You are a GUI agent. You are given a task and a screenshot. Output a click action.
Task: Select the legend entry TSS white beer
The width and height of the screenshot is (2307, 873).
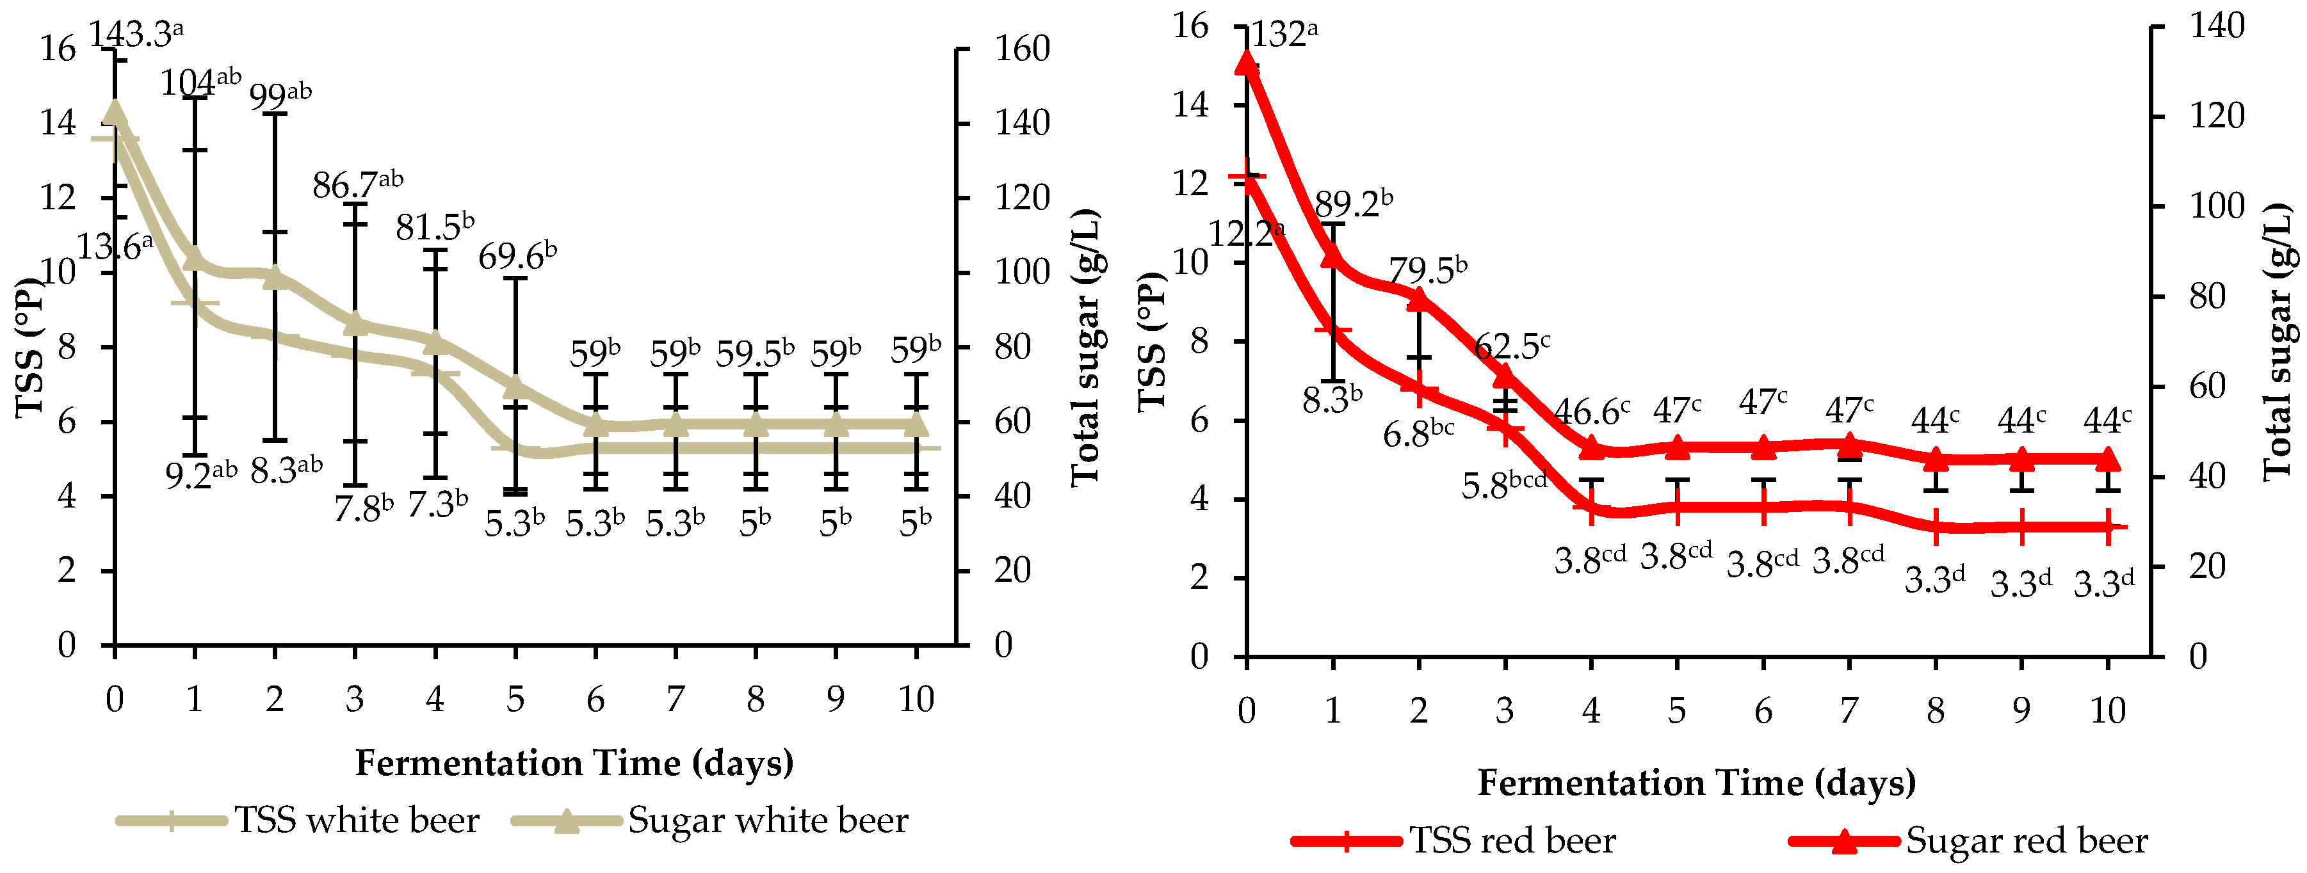[x=355, y=820]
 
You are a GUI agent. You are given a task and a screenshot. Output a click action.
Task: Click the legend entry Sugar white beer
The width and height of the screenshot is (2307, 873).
[x=766, y=820]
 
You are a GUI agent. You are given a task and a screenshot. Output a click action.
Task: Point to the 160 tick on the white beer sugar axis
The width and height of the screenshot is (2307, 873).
[x=1022, y=49]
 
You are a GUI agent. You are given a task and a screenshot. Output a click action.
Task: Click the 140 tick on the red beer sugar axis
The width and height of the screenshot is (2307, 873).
[x=2217, y=25]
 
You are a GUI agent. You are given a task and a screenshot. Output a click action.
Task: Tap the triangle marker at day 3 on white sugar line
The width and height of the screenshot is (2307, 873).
[x=355, y=323]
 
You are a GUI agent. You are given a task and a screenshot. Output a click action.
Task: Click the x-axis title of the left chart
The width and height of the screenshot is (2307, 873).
[x=574, y=762]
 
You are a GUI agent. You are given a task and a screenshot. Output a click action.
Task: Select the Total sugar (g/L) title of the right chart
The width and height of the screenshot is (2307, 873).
[x=2279, y=340]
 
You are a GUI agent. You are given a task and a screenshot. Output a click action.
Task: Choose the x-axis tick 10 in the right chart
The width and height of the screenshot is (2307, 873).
[x=2107, y=711]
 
